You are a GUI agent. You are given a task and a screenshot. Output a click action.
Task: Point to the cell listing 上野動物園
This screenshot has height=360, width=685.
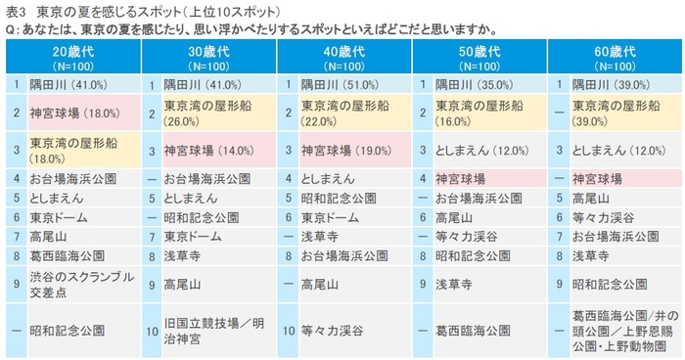coord(616,331)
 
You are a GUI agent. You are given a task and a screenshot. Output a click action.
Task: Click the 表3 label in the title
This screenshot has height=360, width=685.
coord(15,10)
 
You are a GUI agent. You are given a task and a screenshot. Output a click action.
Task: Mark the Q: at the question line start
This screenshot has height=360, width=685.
coord(11,27)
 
